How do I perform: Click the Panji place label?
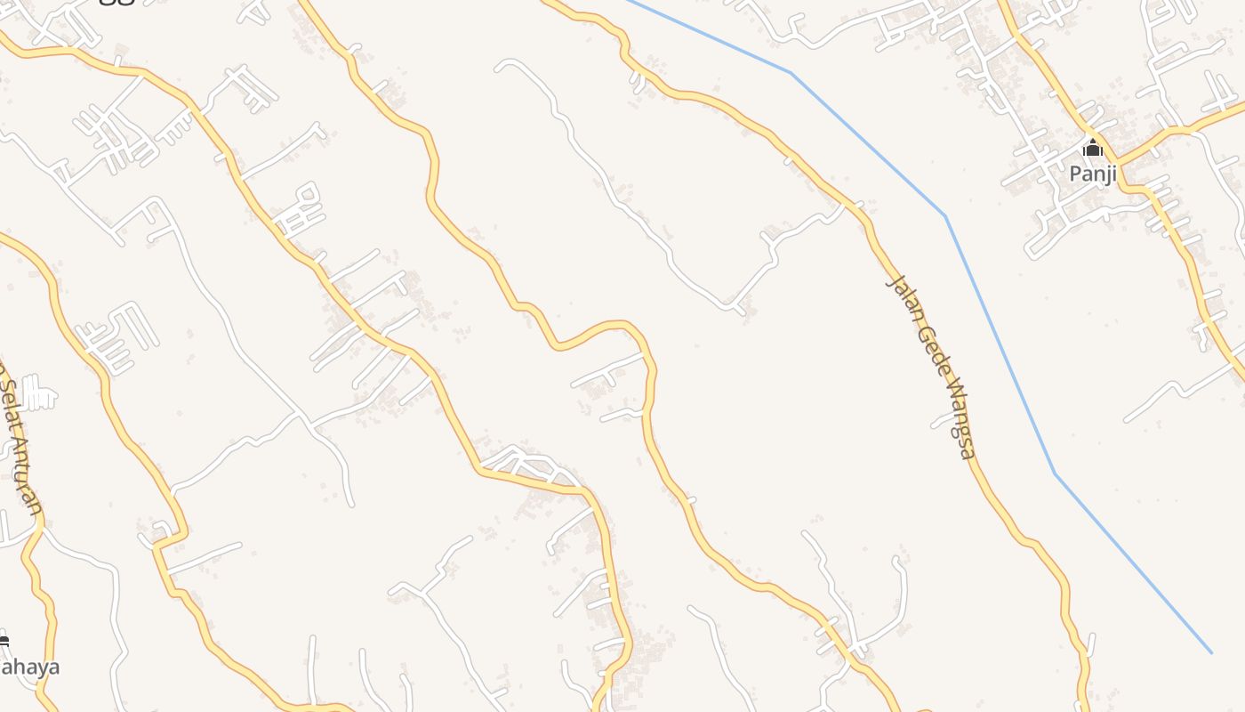1093,174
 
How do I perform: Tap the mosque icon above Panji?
1092,149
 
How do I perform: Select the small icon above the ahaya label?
4,641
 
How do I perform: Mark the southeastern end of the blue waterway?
1211,652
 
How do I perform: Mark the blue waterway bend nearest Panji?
945,215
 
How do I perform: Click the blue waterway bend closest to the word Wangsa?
1055,473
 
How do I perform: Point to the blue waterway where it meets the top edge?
626,2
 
